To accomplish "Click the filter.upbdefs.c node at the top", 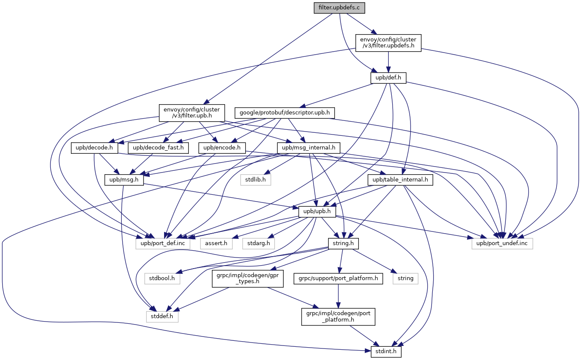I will click(x=340, y=8).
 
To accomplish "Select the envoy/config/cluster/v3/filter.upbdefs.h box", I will click(x=388, y=43).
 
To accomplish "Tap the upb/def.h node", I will click(x=388, y=78).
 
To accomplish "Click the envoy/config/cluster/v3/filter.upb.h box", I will click(x=192, y=113).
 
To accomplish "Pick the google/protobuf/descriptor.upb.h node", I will click(x=285, y=113).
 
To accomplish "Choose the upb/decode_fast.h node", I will click(x=158, y=148).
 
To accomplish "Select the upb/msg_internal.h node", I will click(x=308, y=148).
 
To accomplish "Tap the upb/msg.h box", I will click(x=124, y=180).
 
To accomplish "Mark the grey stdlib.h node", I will click(x=255, y=180).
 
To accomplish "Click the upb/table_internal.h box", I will click(x=400, y=180).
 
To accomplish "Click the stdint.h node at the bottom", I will click(x=383, y=352).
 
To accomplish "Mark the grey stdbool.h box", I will click(x=162, y=278).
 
